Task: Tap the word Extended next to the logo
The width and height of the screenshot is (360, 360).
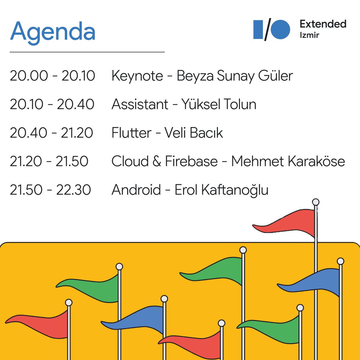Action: pyautogui.click(x=323, y=24)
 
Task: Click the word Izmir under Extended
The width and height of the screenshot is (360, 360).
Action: pyautogui.click(x=309, y=35)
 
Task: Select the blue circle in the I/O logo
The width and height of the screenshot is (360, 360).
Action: pyautogui.click(x=280, y=29)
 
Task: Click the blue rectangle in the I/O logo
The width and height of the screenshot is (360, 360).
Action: pyautogui.click(x=258, y=29)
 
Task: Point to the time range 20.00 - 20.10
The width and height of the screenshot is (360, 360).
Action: pyautogui.click(x=52, y=76)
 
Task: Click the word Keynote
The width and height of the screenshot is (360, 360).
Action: pyautogui.click(x=137, y=76)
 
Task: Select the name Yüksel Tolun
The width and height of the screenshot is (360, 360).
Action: pyautogui.click(x=219, y=104)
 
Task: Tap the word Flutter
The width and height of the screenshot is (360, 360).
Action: pyautogui.click(x=131, y=133)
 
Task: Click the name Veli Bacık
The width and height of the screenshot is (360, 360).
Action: pyautogui.click(x=193, y=133)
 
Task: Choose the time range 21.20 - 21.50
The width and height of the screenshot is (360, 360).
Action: pyautogui.click(x=49, y=161)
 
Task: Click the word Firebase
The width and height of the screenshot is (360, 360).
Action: pyautogui.click(x=191, y=161)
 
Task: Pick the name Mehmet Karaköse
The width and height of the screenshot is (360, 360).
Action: pyautogui.click(x=288, y=161)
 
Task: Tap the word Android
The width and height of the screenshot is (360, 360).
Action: pyautogui.click(x=136, y=190)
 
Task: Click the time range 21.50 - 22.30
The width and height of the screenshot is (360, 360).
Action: pyautogui.click(x=50, y=190)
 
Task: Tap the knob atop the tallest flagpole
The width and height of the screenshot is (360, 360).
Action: pyautogui.click(x=315, y=202)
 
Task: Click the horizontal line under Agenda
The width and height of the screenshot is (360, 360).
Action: pyautogui.click(x=87, y=52)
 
